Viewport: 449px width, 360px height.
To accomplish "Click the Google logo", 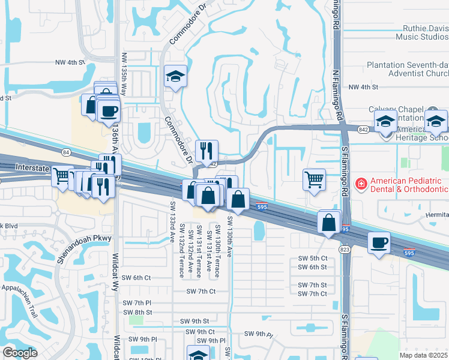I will (20, 353).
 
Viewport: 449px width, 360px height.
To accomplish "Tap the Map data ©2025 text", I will (424, 355).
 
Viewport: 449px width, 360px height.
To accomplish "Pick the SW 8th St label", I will (137, 312).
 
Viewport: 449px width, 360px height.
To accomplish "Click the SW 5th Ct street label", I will (312, 258).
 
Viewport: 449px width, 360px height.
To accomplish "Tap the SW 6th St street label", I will (312, 267).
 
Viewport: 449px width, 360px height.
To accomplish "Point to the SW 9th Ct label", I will (200, 332).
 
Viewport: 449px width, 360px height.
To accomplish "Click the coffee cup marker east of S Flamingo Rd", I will (378, 243).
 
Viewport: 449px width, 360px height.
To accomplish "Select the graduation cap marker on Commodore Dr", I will (175, 77).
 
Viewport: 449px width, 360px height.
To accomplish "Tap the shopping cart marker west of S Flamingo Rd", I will (315, 179).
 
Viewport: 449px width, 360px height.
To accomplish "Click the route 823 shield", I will (345, 249).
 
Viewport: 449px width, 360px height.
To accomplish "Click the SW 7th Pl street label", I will (137, 302).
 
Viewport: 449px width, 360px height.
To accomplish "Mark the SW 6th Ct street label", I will (137, 277).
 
